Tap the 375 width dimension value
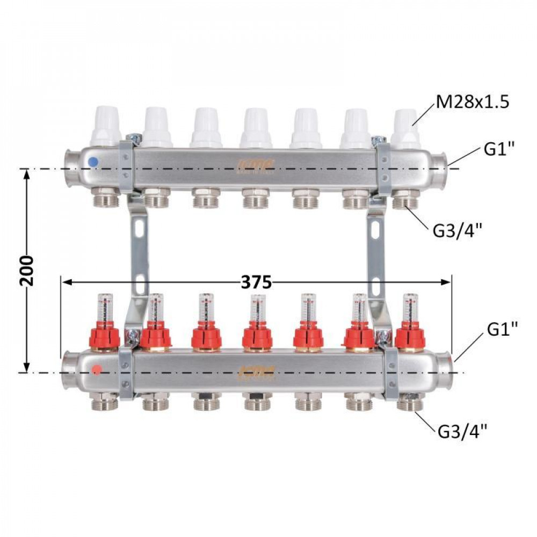[256, 282]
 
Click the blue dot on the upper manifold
[93, 161]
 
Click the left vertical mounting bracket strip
[139, 252]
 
